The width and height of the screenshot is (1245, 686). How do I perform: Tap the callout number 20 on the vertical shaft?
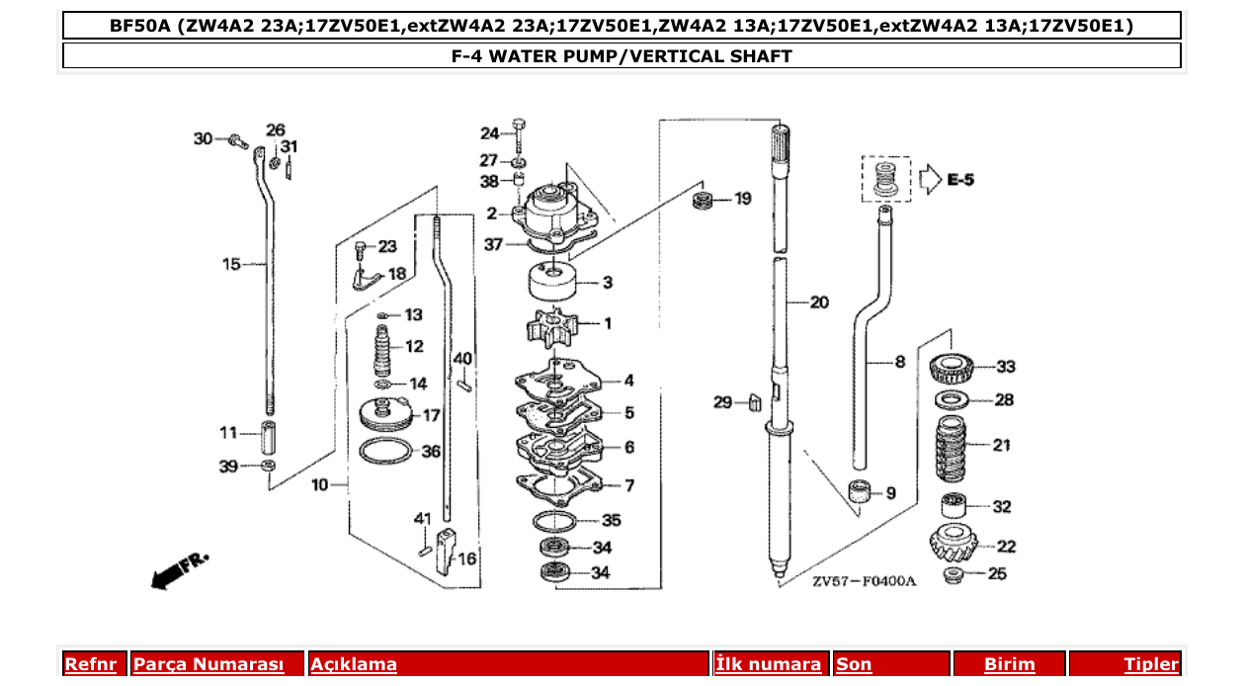click(x=819, y=302)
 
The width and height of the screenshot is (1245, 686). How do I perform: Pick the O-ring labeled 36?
click(x=384, y=452)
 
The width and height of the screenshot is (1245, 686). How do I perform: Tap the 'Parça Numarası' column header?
click(x=208, y=664)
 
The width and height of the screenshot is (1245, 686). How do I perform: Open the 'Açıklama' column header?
click(x=354, y=664)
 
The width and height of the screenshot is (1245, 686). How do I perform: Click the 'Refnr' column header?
click(x=90, y=664)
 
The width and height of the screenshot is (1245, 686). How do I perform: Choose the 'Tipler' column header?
click(x=1150, y=664)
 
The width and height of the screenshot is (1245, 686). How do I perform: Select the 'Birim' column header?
click(x=1009, y=664)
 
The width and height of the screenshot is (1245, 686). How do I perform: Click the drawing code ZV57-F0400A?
click(x=864, y=581)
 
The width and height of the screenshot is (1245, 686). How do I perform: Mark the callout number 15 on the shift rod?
click(x=231, y=264)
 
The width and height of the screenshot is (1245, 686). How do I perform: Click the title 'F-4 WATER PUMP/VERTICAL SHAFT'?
click(x=622, y=56)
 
